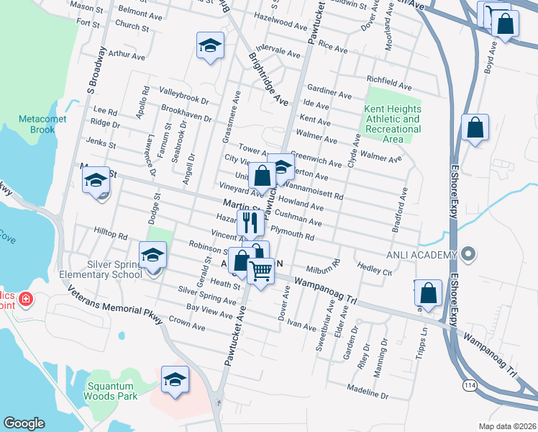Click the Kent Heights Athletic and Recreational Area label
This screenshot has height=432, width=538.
[x=392, y=124]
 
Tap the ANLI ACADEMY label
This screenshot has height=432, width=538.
[x=421, y=255]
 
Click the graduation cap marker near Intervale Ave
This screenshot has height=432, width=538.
[x=209, y=46]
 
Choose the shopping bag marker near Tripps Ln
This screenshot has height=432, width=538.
[x=429, y=293]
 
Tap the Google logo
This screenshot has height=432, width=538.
[x=24, y=423]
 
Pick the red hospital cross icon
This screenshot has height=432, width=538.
[x=25, y=298]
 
